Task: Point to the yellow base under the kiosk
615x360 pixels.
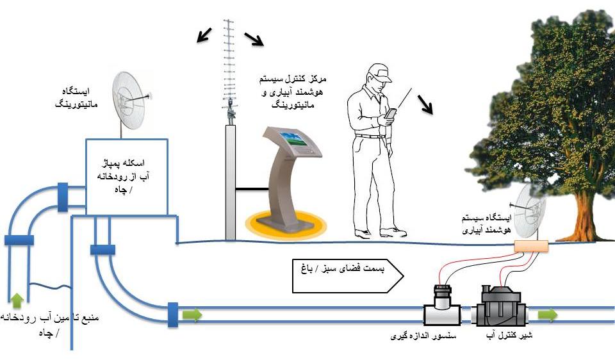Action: pos(286,225)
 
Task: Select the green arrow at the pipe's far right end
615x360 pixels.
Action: pos(547,315)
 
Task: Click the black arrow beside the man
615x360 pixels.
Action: pos(425,103)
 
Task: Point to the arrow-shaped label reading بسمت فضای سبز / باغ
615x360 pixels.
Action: pos(347,276)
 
